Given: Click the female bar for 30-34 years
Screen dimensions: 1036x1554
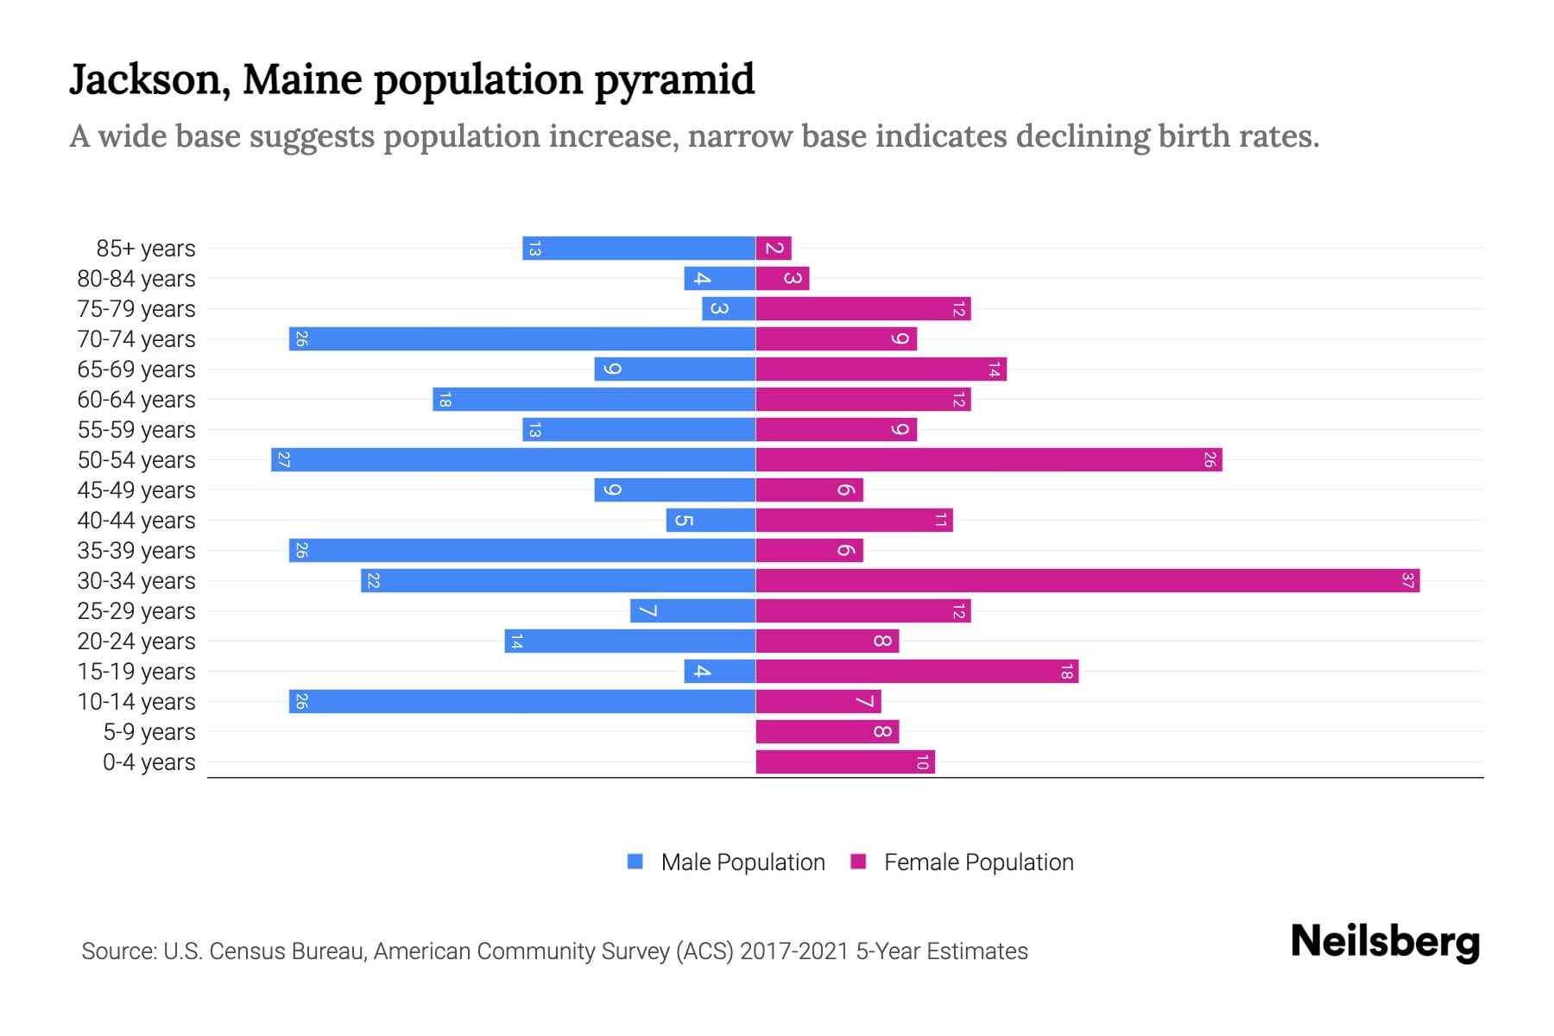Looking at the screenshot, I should [1088, 581].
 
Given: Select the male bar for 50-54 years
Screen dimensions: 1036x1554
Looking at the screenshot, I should [514, 460].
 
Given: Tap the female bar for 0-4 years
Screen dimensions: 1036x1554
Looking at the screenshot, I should [845, 762].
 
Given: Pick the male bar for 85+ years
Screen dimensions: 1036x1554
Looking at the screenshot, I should [639, 249].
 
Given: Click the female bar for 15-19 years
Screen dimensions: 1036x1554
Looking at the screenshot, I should [917, 672].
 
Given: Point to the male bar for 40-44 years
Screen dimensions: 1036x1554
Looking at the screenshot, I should [711, 521].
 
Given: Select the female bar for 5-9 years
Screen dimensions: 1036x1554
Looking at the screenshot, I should [827, 732].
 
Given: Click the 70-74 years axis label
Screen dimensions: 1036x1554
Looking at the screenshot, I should [136, 339].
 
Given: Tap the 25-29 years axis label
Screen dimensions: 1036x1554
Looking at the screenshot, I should [136, 611].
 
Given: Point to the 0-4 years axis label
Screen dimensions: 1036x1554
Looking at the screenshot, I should [148, 762].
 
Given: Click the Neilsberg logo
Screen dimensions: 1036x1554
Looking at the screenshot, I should [1385, 942].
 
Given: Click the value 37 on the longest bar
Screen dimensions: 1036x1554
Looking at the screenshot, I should [1407, 581].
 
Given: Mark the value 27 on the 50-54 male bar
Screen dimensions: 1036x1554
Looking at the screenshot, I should [283, 460].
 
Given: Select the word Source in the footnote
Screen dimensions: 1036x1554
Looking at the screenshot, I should [118, 951].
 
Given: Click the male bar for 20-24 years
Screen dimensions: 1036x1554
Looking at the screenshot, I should [630, 641].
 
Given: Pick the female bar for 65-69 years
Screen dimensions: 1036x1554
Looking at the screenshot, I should [881, 370].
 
